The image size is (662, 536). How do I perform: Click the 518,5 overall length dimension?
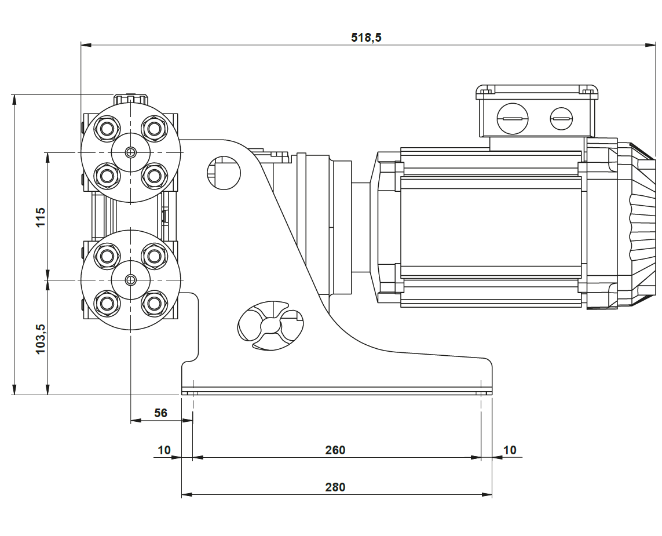click(366, 38)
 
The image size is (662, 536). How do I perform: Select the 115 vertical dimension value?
click(41, 217)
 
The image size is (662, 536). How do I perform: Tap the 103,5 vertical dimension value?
click(41, 339)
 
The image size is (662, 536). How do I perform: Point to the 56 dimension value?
click(160, 413)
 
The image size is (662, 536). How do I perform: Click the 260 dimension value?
click(335, 450)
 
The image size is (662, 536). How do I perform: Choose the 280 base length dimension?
click(335, 487)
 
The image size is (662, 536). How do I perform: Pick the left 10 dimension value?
click(164, 450)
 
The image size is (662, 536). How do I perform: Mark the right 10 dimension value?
click(510, 450)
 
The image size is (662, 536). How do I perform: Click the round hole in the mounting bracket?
click(224, 172)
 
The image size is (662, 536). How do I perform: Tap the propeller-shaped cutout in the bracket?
click(270, 326)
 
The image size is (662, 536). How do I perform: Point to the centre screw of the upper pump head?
click(131, 152)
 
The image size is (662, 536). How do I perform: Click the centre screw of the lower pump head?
click(131, 280)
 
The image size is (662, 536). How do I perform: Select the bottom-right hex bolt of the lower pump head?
click(154, 302)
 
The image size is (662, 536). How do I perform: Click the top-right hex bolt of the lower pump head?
click(154, 256)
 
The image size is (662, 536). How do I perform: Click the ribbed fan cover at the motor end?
click(642, 226)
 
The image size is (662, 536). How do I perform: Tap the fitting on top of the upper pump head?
click(131, 99)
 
